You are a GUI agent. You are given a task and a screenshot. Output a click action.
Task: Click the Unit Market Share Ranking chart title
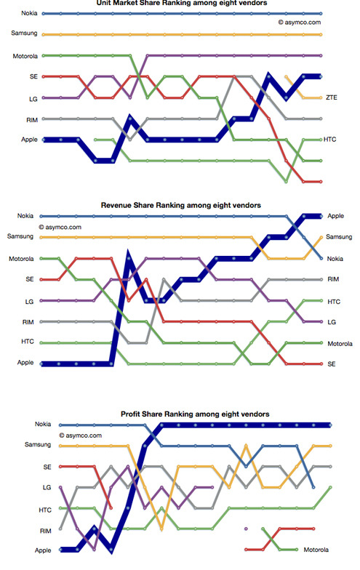[182, 3]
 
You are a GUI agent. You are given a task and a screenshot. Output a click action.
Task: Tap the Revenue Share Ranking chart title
[180, 205]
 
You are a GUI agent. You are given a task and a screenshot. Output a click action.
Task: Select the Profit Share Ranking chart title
[195, 414]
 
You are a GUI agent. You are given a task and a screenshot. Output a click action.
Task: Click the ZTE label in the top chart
[332, 97]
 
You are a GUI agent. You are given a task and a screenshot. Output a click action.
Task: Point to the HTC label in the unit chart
[330, 140]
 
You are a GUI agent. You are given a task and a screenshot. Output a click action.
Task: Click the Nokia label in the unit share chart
[29, 13]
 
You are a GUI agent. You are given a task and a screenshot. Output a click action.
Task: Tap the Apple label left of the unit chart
[29, 140]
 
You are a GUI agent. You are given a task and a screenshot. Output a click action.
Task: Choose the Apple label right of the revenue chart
[335, 216]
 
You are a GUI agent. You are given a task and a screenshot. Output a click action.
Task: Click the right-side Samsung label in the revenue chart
[339, 237]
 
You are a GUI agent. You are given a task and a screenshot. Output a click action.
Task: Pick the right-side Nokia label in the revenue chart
[335, 259]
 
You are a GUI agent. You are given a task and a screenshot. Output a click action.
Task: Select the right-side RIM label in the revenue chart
[333, 279]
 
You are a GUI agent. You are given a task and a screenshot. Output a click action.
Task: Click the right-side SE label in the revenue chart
[332, 364]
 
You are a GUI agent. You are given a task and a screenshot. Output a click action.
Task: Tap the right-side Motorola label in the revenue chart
[340, 343]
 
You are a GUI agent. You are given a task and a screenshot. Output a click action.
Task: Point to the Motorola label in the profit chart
[316, 550]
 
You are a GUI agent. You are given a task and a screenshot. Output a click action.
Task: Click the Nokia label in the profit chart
[43, 424]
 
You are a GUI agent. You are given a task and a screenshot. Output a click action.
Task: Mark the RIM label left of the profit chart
[45, 531]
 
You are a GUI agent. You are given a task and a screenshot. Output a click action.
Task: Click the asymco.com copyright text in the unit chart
[300, 22]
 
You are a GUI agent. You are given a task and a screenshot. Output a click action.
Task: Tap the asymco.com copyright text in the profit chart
[80, 435]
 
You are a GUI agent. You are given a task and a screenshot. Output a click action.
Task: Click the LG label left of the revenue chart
[29, 302]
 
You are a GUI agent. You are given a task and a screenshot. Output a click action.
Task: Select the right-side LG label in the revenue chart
[332, 322]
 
